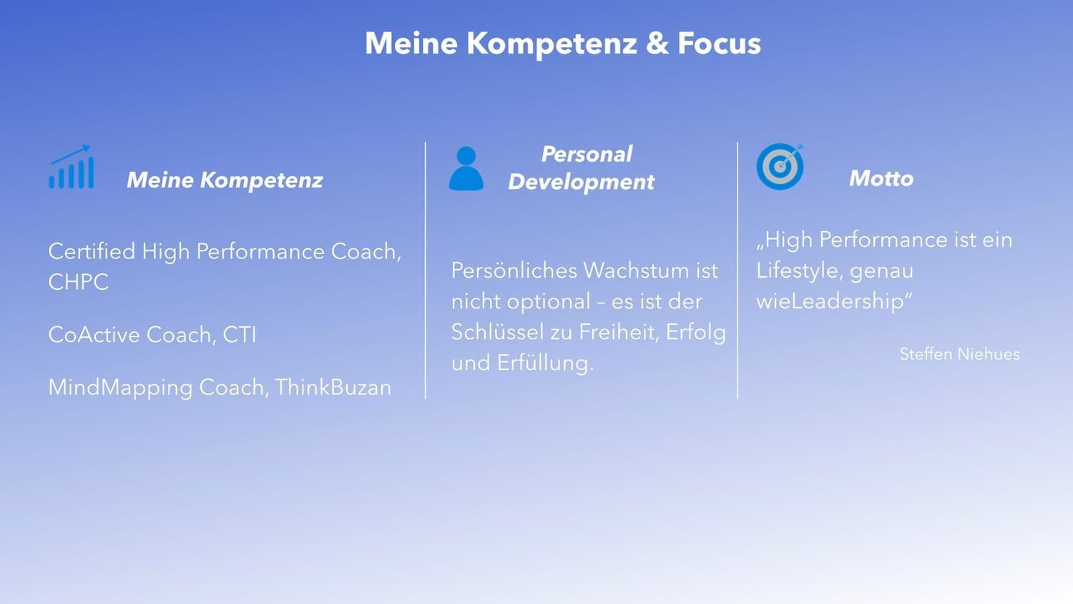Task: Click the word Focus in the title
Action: click(x=719, y=43)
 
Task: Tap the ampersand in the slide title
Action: click(x=657, y=43)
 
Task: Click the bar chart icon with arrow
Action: click(x=71, y=167)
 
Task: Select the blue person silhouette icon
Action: click(x=466, y=168)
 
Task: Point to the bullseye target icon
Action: click(x=780, y=166)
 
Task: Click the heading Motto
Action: click(x=881, y=178)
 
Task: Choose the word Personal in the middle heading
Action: click(x=587, y=154)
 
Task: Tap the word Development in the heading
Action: click(x=581, y=182)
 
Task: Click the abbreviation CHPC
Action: click(x=78, y=282)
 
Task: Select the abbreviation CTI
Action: click(x=240, y=335)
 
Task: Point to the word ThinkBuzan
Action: click(x=333, y=387)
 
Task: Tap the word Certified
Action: click(x=92, y=251)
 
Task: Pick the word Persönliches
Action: click(x=514, y=271)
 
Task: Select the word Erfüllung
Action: click(x=545, y=363)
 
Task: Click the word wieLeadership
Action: click(x=834, y=301)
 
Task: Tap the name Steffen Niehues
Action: click(x=959, y=354)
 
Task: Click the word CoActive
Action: click(x=94, y=335)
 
